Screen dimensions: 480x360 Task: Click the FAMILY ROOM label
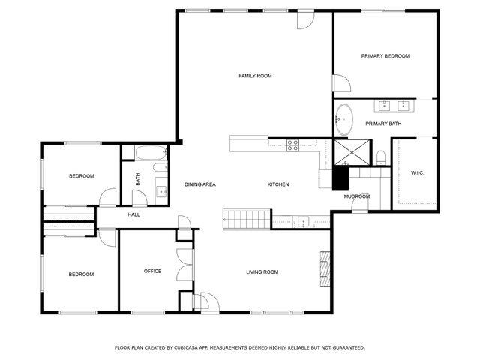click(x=255, y=76)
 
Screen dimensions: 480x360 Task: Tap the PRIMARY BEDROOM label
click(x=385, y=56)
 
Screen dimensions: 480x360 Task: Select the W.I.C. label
click(x=417, y=173)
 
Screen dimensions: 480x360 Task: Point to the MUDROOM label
click(x=357, y=196)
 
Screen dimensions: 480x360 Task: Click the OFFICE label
click(x=152, y=271)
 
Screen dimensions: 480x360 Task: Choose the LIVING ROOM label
click(x=262, y=271)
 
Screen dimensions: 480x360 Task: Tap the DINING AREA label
click(x=200, y=184)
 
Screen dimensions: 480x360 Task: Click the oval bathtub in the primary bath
click(x=343, y=120)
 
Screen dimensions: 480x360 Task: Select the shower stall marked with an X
click(x=352, y=152)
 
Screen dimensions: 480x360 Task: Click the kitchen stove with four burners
click(x=292, y=145)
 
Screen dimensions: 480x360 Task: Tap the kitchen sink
click(x=303, y=222)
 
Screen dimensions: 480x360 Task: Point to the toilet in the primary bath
click(x=380, y=157)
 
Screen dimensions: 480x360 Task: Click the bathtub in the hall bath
click(x=151, y=153)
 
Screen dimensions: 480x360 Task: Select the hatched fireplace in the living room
click(x=325, y=268)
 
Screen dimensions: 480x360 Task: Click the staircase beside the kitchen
click(x=247, y=219)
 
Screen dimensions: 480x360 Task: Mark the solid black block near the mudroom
click(x=340, y=178)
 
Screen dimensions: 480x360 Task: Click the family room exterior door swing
click(x=306, y=21)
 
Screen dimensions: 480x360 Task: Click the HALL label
click(x=133, y=215)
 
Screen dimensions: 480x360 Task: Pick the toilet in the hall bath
click(x=160, y=167)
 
